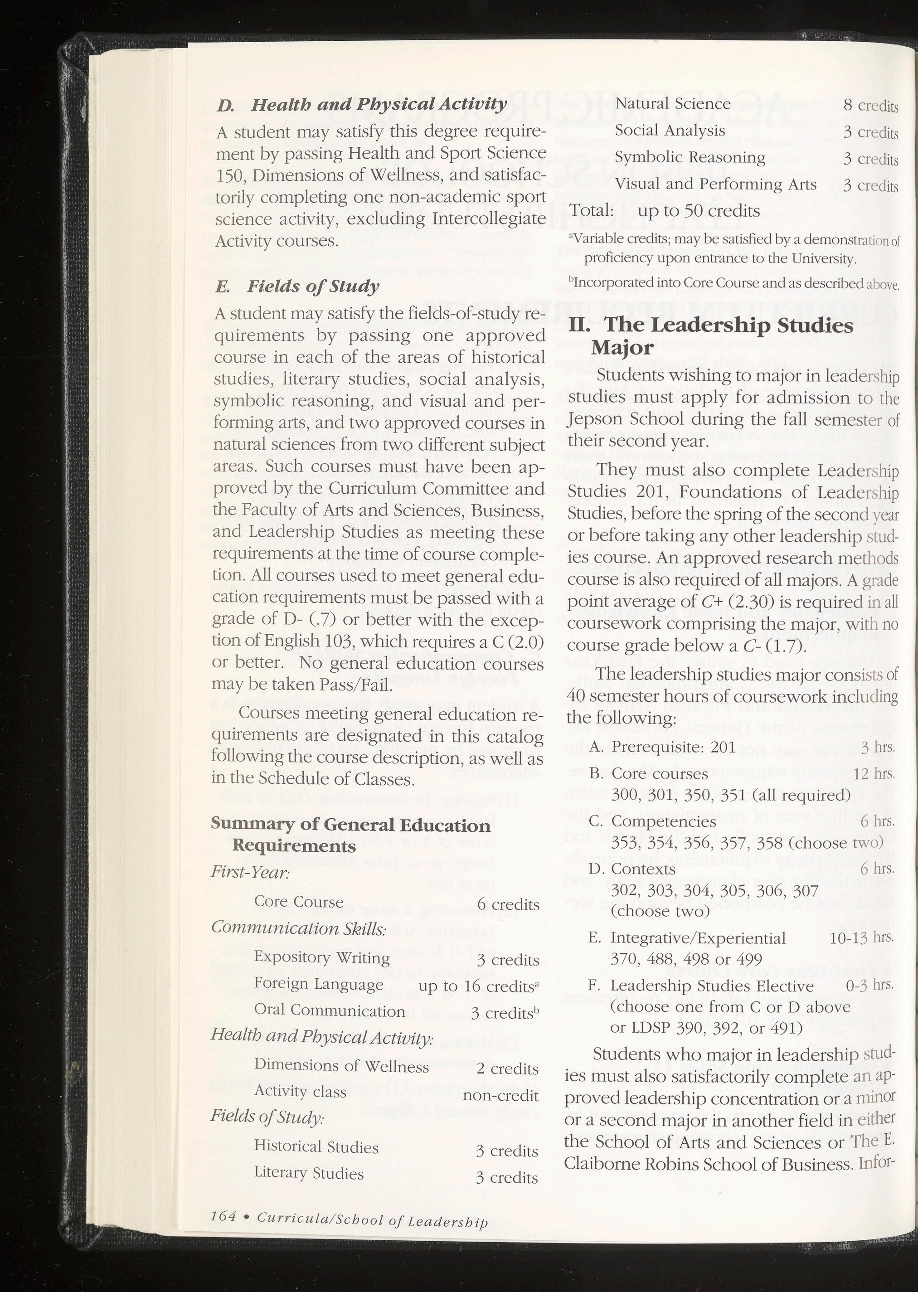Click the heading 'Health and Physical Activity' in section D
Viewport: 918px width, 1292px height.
[x=378, y=105]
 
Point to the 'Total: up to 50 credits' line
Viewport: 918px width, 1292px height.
[x=665, y=211]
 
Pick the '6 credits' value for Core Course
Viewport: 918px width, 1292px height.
[x=508, y=905]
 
